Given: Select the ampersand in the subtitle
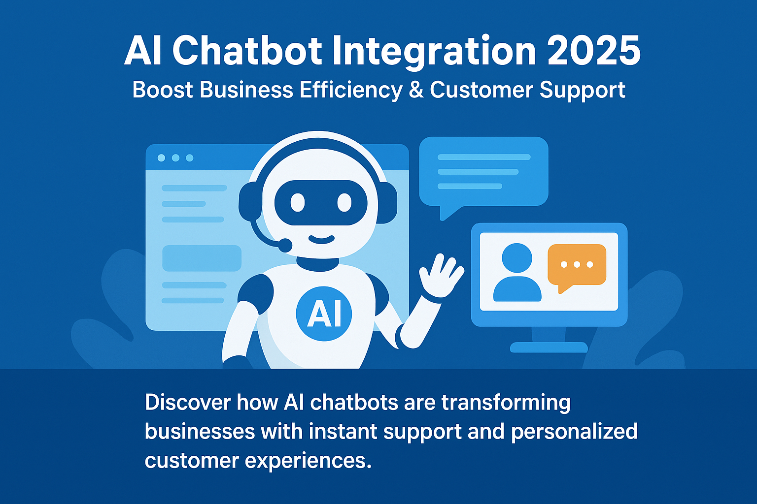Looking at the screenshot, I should point(416,90).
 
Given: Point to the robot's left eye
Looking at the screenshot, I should point(298,202).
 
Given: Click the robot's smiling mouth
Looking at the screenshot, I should point(321,240).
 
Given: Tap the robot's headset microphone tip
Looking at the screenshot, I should point(284,244).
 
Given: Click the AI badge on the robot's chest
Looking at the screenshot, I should point(324,314).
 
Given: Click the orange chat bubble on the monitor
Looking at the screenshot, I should point(577,266).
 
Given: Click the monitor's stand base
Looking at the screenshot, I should point(549,347).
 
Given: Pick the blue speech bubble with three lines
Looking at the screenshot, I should point(483,172).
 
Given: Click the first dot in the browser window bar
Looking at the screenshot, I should point(161,158).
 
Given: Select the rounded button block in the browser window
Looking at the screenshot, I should point(202,258).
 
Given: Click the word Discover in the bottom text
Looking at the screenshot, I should point(188,403).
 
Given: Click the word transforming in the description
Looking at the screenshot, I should point(506,403).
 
